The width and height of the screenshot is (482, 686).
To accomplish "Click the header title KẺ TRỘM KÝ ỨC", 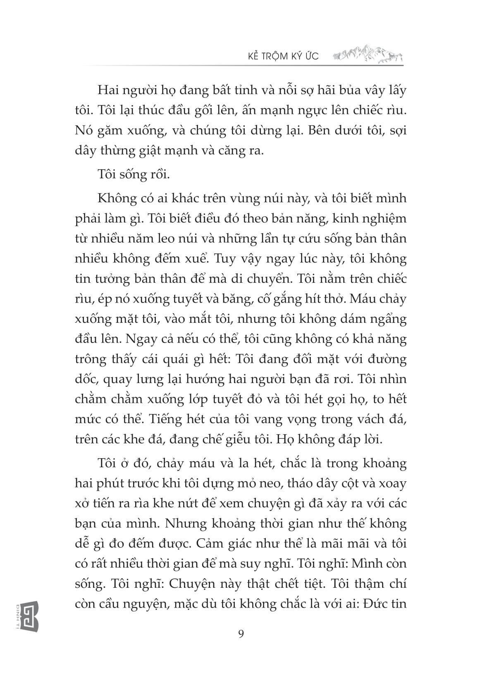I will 280,55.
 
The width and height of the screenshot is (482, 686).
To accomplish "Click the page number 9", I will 241,634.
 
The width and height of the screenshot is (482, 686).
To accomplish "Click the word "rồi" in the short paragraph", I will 159,175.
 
